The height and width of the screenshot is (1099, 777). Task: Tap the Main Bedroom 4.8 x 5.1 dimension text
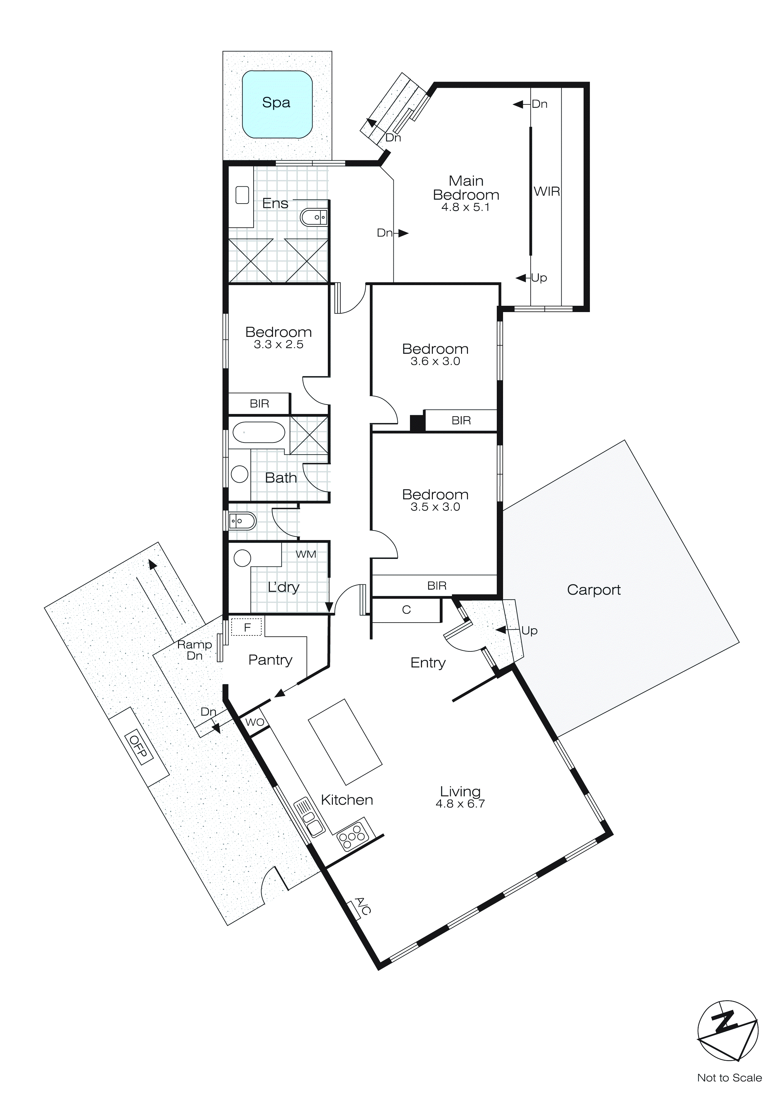tap(465, 207)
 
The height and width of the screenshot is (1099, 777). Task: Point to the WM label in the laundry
tap(306, 554)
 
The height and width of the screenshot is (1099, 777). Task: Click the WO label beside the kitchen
tap(255, 722)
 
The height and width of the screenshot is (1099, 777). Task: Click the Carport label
tap(593, 590)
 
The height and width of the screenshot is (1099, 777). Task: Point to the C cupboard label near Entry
tap(406, 610)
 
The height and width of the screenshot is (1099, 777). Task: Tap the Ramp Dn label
tap(194, 650)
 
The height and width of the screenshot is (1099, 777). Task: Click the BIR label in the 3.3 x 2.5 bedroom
tap(259, 404)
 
